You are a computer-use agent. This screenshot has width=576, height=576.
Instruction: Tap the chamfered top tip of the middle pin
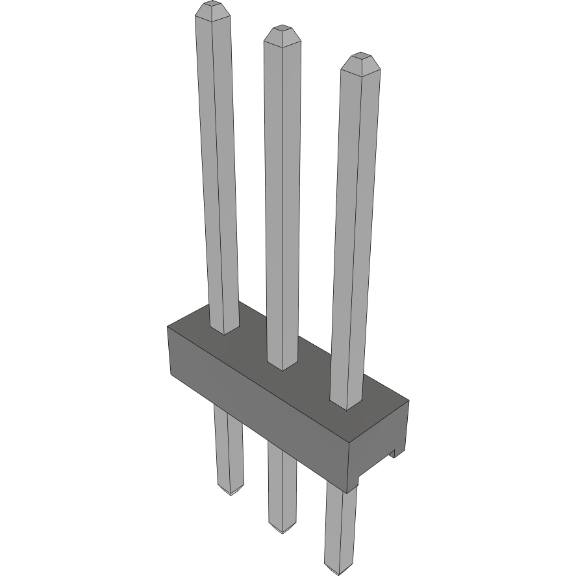[282, 35]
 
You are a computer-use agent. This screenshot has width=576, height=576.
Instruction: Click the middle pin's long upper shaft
[282, 195]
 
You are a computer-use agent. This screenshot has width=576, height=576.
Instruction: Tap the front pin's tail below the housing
[340, 526]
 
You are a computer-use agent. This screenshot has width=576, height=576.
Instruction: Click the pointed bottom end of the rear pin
[231, 492]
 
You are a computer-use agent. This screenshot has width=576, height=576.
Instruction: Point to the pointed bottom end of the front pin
[340, 571]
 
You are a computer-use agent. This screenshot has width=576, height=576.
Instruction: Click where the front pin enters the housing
[346, 405]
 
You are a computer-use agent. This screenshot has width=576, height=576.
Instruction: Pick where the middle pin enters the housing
[283, 366]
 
